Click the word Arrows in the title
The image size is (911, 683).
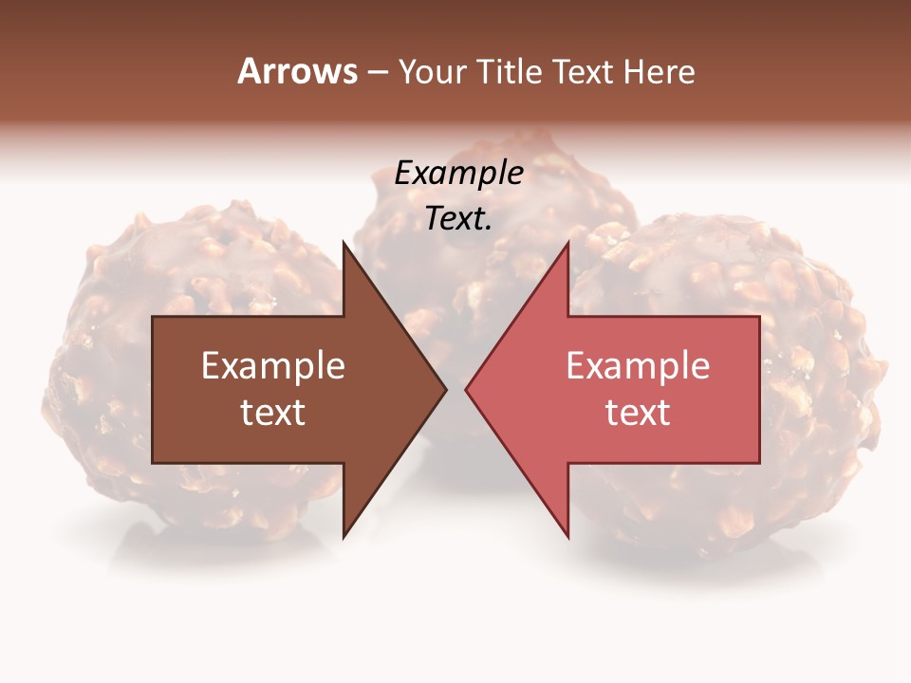click(298, 71)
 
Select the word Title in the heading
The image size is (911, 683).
click(510, 72)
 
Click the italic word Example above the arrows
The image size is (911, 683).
click(458, 174)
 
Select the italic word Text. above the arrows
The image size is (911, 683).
click(458, 219)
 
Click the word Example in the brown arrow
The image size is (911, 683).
click(273, 366)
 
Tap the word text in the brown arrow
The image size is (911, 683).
click(273, 413)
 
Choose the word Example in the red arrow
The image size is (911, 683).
click(638, 366)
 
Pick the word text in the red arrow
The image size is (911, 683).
click(638, 413)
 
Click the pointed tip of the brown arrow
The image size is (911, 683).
click(445, 389)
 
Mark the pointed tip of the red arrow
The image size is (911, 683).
click(467, 389)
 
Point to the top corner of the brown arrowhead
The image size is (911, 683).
click(344, 243)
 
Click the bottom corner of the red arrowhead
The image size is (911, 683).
click(567, 536)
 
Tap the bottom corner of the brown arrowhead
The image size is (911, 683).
click(344, 536)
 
